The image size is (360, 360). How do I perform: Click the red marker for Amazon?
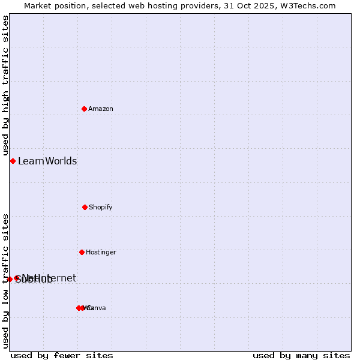84,109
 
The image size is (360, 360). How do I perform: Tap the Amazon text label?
101,109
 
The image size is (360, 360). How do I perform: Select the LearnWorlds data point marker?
13,161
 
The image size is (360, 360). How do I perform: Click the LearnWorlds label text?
47,161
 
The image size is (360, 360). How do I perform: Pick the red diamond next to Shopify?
85,207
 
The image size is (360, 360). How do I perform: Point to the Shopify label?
101,207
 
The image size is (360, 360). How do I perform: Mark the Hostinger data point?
82,252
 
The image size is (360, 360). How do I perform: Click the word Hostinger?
101,252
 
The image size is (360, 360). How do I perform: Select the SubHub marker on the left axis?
10,279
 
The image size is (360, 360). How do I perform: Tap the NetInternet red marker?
17,278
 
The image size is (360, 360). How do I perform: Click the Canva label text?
97,308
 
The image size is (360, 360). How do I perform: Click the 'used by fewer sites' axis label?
62,355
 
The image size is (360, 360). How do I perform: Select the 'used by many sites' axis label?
301,355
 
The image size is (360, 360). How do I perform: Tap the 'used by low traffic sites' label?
5,280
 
